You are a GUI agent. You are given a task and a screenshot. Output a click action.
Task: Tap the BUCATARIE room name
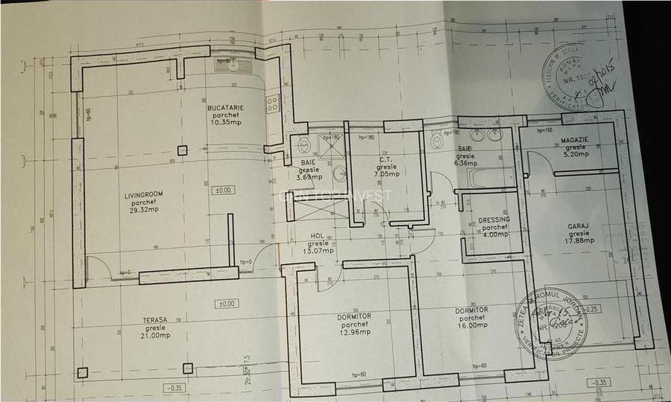tap(225, 108)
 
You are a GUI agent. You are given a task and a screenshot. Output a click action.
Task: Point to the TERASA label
tap(154, 319)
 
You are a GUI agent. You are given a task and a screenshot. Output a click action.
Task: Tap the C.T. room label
tap(386, 159)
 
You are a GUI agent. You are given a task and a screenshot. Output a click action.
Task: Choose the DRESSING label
tap(494, 220)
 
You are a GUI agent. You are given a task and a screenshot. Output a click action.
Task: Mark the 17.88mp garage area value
tap(579, 240)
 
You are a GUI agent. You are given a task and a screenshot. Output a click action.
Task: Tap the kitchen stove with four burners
tap(273, 103)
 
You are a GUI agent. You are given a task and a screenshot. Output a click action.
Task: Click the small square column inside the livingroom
tap(182, 150)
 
